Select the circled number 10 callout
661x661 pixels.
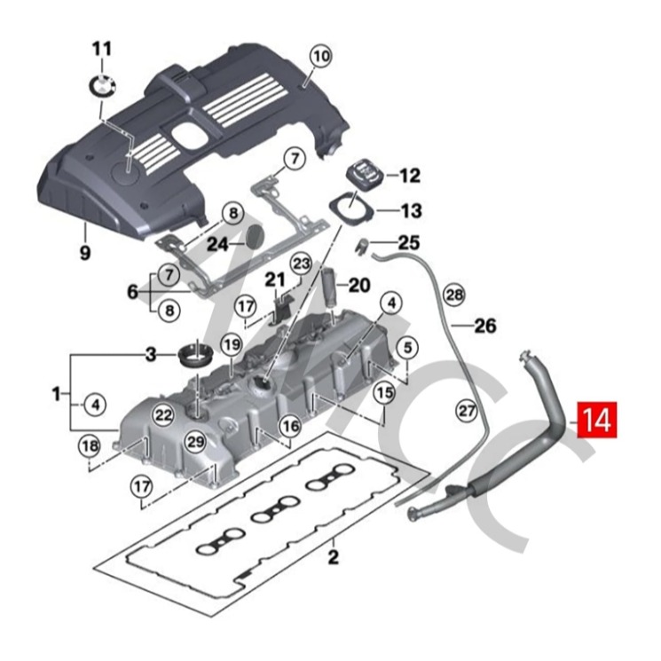(x=320, y=55)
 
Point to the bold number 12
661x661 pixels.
(x=409, y=176)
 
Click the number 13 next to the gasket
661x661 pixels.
(x=412, y=211)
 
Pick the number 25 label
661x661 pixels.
(x=409, y=242)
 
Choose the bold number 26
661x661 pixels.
(x=484, y=326)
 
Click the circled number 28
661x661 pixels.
(x=454, y=294)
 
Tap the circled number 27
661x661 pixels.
(x=467, y=410)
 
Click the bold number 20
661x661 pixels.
(x=358, y=285)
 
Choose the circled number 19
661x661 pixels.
(x=231, y=343)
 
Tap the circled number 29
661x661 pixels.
(x=194, y=441)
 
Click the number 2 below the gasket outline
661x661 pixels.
(x=334, y=557)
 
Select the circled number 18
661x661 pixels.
(x=89, y=445)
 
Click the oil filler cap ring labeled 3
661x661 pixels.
(x=194, y=354)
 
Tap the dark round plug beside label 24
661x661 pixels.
(x=256, y=236)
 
